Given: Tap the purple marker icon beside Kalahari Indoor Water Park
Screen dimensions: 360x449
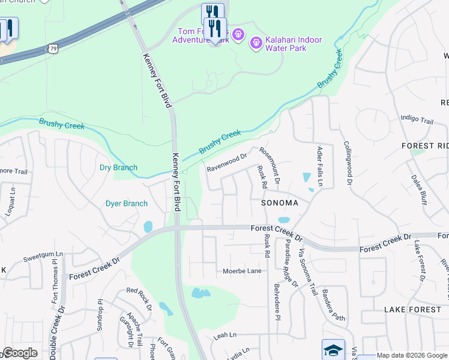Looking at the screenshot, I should (256, 43).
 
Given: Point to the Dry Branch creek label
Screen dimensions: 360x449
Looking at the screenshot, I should (118, 167).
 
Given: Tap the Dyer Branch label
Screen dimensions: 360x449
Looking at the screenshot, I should (127, 203).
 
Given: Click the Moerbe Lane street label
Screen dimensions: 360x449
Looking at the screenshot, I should (242, 271).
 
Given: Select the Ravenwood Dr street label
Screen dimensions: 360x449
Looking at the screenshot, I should (227, 163).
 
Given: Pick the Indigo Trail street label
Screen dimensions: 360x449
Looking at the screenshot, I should (417, 120).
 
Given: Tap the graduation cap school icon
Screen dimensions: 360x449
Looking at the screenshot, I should (334, 350).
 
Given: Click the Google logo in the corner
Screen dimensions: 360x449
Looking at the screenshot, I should (20, 353).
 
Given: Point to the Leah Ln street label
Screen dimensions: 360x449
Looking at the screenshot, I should (225, 335).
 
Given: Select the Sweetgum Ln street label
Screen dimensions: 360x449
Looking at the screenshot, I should (43, 257).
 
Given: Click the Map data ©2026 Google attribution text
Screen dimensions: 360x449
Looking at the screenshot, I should (412, 355).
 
